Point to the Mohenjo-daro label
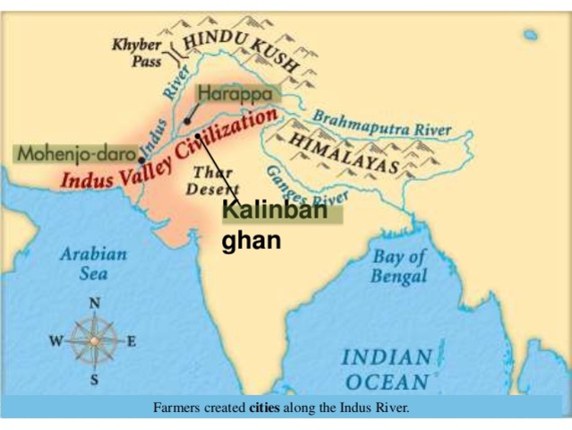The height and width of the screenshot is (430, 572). (x=75, y=153)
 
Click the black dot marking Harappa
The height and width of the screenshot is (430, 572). (x=187, y=120)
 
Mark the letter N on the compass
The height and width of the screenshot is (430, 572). (x=93, y=303)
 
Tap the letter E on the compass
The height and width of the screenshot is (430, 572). (x=131, y=341)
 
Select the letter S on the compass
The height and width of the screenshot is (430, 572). (x=94, y=380)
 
